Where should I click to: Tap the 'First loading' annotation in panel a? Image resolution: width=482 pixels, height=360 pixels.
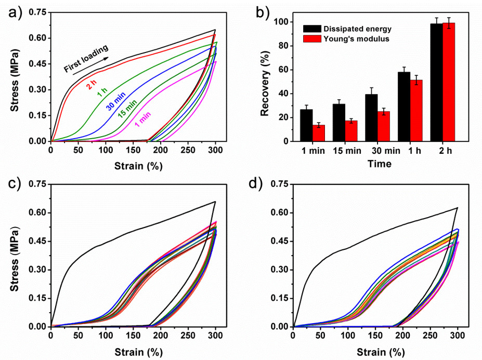[x=86, y=58]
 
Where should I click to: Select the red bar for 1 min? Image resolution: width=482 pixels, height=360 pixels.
[x=319, y=133]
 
